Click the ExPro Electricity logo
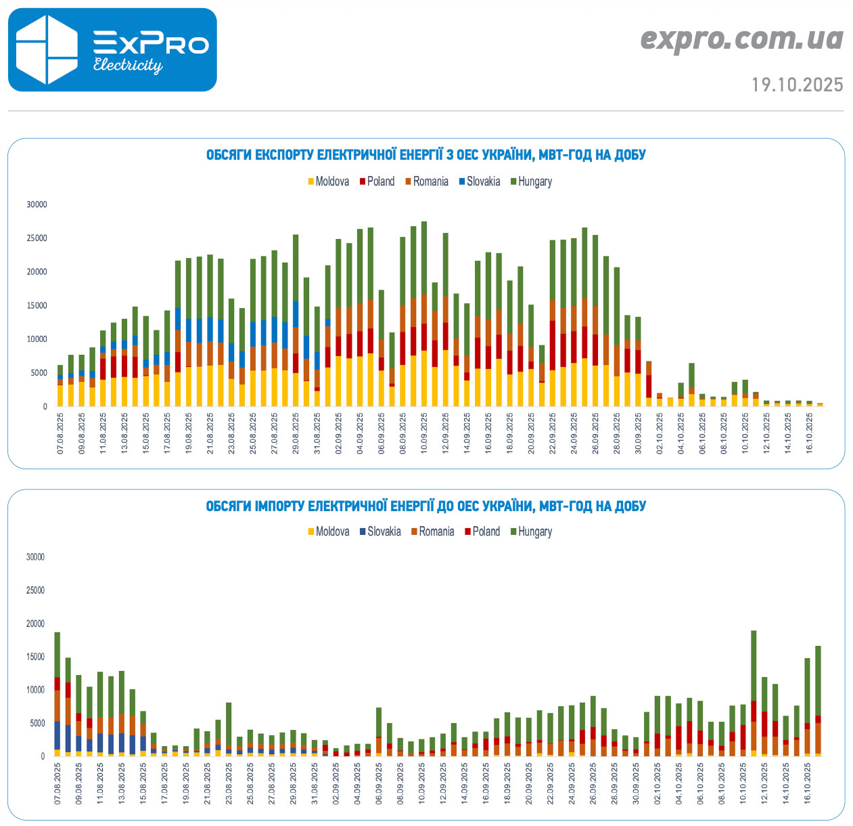pos(112,49)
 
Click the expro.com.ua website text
pos(741,39)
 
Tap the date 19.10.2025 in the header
pos(798,85)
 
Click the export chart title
pos(425,155)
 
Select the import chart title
pos(425,506)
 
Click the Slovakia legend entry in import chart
pos(384,531)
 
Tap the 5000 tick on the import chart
pos(35,723)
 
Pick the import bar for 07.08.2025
pos(57,694)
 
